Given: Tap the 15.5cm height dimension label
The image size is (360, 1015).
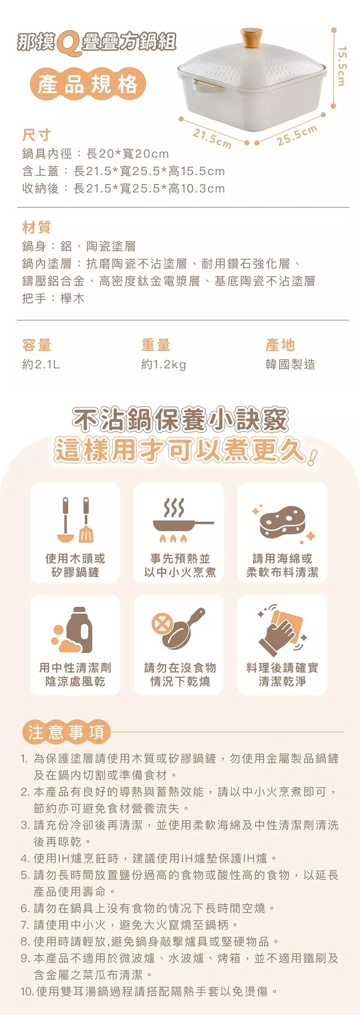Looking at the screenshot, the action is (x=341, y=66).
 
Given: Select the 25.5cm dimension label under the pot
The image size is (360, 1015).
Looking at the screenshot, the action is (x=297, y=135).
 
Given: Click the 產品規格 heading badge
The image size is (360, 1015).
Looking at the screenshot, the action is (x=88, y=84).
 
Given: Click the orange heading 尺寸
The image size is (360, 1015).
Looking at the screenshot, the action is (x=36, y=135).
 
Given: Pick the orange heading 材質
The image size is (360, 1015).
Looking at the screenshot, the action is (x=36, y=227).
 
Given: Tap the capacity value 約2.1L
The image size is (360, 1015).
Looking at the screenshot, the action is (x=41, y=364).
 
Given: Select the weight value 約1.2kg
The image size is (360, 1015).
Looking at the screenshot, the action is (x=164, y=365).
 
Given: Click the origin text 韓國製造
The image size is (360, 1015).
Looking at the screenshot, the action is (x=290, y=364).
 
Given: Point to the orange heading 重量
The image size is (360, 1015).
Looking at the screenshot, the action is (x=156, y=344).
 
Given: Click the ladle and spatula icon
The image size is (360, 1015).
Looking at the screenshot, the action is (x=75, y=519).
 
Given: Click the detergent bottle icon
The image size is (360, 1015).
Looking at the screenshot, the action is (x=72, y=629).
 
